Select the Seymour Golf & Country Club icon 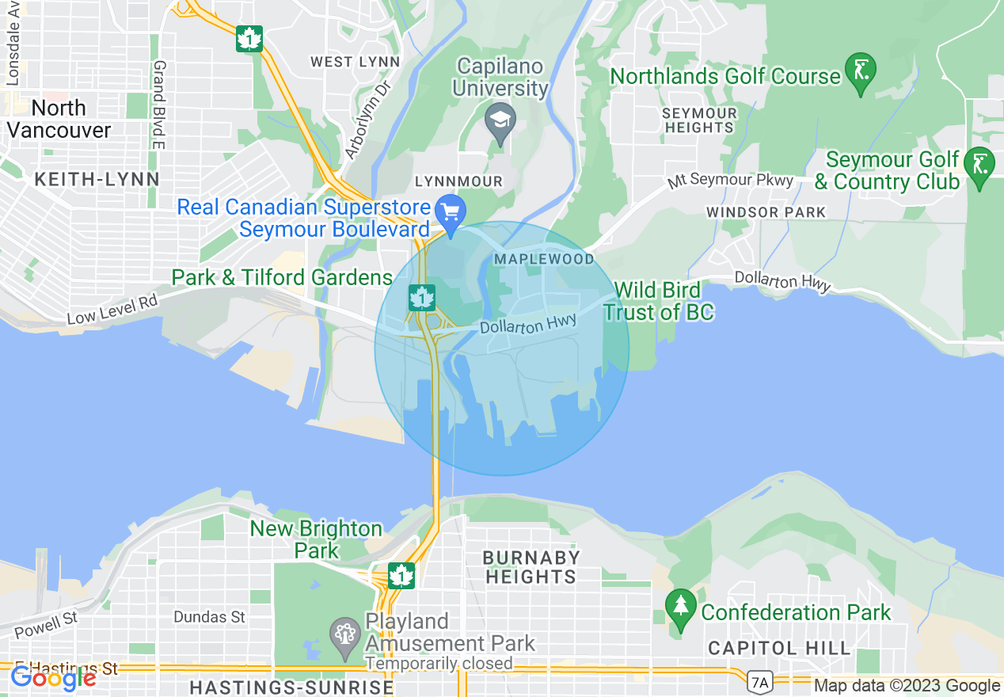point(980,165)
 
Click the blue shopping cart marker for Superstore point(451,212)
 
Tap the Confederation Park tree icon point(680,607)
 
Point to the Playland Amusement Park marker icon point(345,635)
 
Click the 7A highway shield point(759,680)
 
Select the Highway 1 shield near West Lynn point(249,39)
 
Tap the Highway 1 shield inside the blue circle point(421,298)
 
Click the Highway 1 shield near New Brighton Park point(402,576)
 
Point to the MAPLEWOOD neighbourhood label point(543,260)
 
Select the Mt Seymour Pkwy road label point(730,180)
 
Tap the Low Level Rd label point(112,309)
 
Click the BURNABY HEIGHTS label point(531,567)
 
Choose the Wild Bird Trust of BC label point(658,302)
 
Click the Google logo point(52,678)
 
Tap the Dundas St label point(209,616)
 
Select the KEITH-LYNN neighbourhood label point(97,180)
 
